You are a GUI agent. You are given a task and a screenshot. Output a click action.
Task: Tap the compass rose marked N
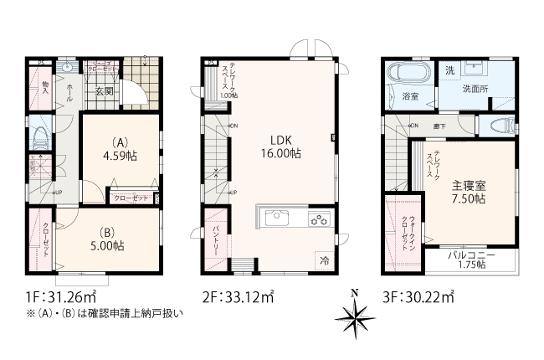pos(355,317)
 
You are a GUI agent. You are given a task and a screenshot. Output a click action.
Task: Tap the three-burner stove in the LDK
pos(319,220)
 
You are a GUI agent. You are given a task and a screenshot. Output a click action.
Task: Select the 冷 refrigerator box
pos(324,260)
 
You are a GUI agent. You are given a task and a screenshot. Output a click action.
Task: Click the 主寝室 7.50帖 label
pos(470,192)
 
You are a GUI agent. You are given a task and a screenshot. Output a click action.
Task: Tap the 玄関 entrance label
pos(103,91)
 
